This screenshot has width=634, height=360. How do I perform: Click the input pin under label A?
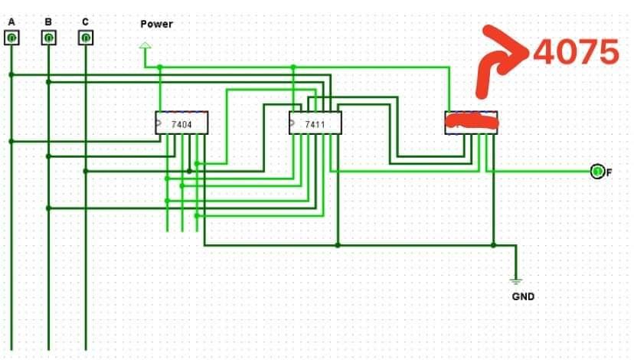point(11,37)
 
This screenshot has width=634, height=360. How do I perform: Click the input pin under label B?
point(48,37)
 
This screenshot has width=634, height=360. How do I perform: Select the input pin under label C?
point(86,37)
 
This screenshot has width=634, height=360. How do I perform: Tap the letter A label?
point(11,22)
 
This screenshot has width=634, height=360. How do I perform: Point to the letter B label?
point(48,22)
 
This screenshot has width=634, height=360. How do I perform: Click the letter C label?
point(85,22)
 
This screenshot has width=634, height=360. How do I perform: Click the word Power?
point(156,24)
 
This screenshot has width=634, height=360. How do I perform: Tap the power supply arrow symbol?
point(145,48)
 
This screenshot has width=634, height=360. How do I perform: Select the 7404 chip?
point(181,123)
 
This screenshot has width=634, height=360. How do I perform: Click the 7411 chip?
point(315,123)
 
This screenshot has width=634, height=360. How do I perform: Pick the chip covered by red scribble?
point(472,122)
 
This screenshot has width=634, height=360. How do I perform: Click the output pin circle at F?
point(597,171)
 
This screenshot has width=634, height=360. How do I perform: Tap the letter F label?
point(609,172)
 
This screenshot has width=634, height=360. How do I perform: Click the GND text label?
point(523,296)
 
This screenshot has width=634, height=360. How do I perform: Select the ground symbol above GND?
point(516,280)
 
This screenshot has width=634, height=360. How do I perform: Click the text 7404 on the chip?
point(182,123)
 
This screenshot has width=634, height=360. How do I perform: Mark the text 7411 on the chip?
point(315,123)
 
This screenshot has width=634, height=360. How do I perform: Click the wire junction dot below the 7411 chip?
point(338,245)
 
